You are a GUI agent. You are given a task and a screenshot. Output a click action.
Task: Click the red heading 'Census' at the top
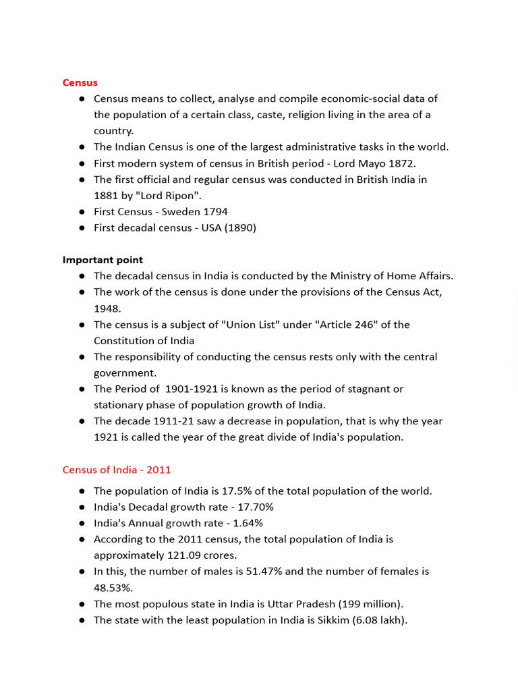(80, 82)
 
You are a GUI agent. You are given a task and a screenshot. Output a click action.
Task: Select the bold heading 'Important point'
(103, 260)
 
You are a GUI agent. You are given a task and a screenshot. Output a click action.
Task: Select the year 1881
(106, 196)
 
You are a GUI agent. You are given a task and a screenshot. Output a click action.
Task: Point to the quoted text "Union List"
(252, 325)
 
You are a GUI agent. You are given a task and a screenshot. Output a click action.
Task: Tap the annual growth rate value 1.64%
(248, 523)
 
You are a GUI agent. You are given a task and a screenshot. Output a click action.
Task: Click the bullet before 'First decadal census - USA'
(81, 228)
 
